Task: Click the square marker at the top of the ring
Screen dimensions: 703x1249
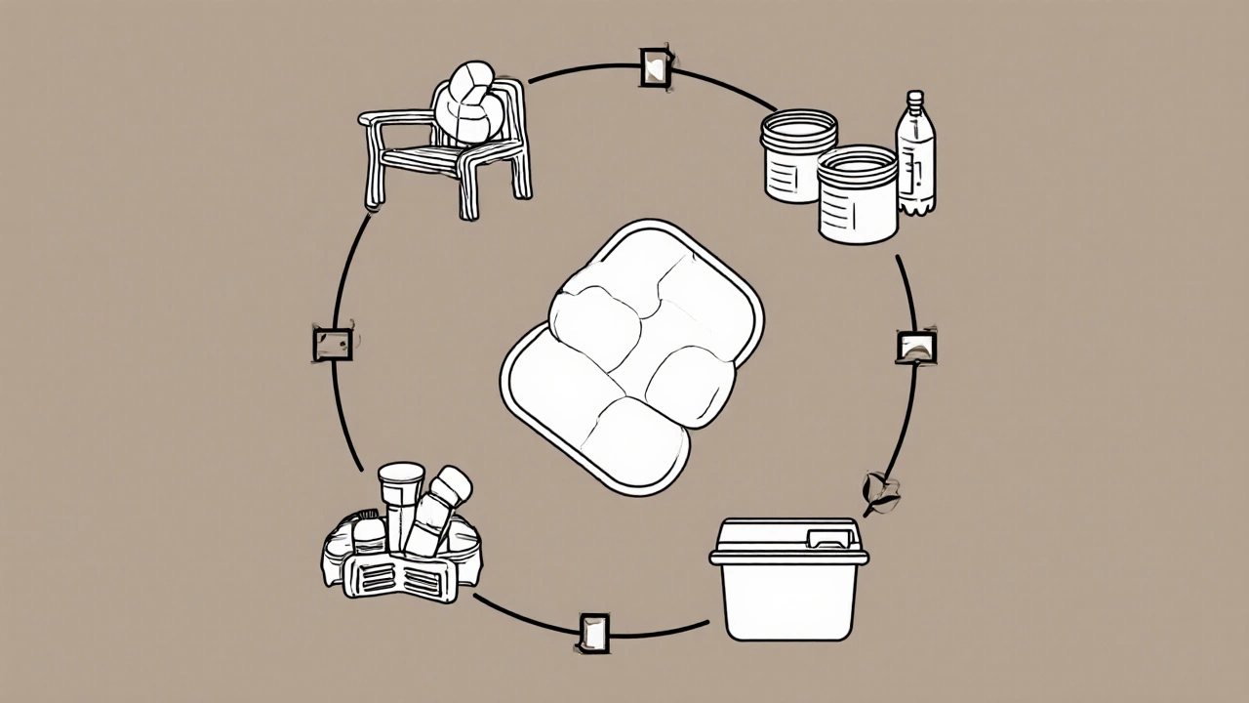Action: [656, 66]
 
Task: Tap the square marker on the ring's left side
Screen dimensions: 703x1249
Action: [332, 344]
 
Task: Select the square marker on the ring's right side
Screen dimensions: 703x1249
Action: [915, 346]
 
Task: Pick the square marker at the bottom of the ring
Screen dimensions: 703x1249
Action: [594, 632]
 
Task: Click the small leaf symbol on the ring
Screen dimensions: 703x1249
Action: [880, 490]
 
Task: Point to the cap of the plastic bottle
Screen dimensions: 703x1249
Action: [914, 99]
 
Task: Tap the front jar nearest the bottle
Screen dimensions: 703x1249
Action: [857, 195]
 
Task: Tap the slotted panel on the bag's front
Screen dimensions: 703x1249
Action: [402, 577]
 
